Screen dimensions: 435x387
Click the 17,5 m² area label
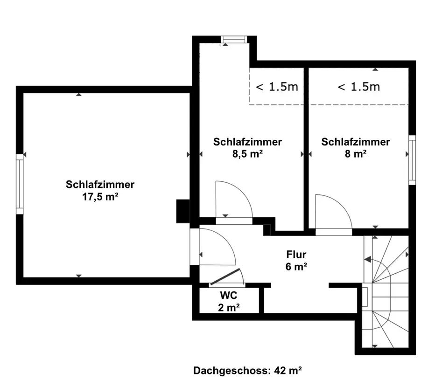(x=100, y=197)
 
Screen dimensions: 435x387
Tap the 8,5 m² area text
(x=247, y=153)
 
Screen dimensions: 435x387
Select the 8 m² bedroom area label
(x=356, y=153)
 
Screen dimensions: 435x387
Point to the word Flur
(x=296, y=254)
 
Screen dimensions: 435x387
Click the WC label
(x=229, y=295)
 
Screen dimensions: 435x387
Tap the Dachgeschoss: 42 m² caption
(x=247, y=370)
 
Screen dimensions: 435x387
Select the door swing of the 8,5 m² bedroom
(x=234, y=200)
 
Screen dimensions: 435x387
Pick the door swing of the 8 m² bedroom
(x=334, y=212)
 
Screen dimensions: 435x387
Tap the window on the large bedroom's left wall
(x=20, y=184)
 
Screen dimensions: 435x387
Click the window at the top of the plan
(x=234, y=39)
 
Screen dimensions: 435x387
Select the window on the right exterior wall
(x=412, y=160)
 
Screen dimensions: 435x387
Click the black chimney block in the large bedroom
(x=183, y=211)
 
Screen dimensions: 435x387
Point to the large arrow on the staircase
(x=368, y=260)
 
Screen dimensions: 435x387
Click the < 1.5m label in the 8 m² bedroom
(x=358, y=87)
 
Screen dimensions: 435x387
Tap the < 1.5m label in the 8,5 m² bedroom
(x=277, y=87)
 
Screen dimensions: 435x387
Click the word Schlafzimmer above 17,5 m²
(x=100, y=184)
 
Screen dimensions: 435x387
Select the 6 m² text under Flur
(x=296, y=266)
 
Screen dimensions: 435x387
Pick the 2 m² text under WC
(x=229, y=307)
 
